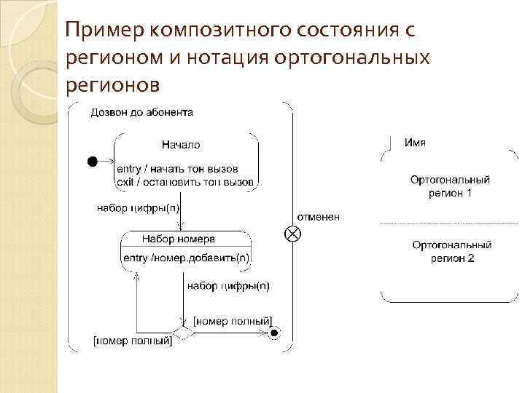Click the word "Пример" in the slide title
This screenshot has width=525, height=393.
(106, 31)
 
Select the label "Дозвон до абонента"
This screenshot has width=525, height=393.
(142, 112)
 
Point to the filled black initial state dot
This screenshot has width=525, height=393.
(93, 161)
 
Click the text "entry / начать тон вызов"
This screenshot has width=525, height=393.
(178, 167)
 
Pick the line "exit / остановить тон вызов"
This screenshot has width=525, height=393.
(184, 180)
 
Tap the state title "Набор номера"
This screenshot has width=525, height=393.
(178, 239)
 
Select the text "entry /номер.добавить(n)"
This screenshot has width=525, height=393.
(186, 257)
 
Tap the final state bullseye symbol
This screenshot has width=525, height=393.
(274, 333)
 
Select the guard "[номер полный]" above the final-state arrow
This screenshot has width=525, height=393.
(233, 321)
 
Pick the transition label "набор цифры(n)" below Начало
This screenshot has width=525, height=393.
(139, 207)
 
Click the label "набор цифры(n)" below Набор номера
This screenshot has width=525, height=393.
(228, 286)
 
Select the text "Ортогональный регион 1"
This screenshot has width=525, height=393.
(450, 186)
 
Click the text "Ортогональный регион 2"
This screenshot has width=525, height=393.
(452, 252)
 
